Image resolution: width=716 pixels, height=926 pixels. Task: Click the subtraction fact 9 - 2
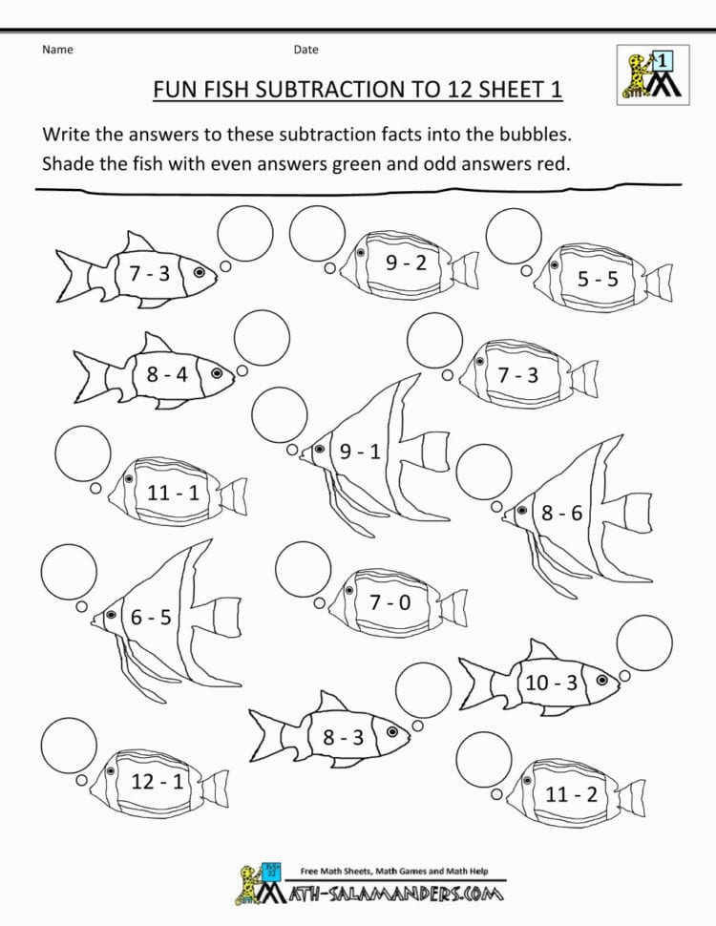click(x=406, y=263)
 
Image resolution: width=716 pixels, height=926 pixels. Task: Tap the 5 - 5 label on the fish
click(x=598, y=279)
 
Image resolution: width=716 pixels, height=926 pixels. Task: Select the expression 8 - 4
click(x=167, y=374)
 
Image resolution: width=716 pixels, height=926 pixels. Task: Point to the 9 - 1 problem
click(x=360, y=452)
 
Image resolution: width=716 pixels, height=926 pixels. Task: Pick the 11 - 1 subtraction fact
click(x=173, y=493)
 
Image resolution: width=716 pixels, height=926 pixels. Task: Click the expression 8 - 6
click(x=561, y=513)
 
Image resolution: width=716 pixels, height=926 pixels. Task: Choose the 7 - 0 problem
click(x=390, y=601)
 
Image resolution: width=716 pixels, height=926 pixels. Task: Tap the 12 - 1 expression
click(x=157, y=782)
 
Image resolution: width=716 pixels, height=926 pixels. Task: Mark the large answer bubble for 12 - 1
click(x=69, y=745)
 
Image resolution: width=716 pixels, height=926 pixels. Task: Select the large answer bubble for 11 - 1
click(x=83, y=453)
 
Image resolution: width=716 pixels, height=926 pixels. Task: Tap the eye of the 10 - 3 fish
click(x=601, y=681)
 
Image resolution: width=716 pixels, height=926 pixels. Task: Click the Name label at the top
click(x=57, y=50)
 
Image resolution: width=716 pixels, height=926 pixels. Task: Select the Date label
click(x=305, y=50)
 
